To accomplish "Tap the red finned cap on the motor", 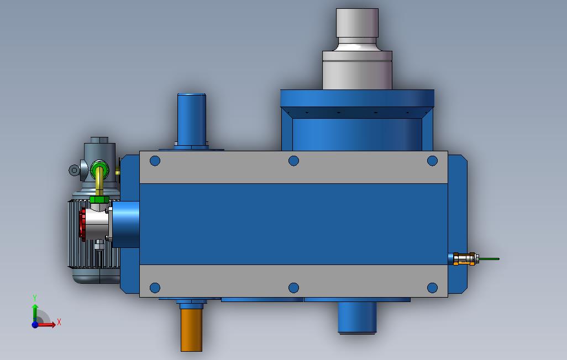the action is pyautogui.click(x=82, y=225).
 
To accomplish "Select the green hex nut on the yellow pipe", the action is pyautogui.click(x=99, y=199).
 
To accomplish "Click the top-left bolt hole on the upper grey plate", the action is pyautogui.click(x=155, y=161).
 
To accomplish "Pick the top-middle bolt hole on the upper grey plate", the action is pyautogui.click(x=293, y=161).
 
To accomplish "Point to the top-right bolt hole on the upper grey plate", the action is pyautogui.click(x=433, y=161).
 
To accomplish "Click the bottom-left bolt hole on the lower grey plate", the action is pyautogui.click(x=155, y=288).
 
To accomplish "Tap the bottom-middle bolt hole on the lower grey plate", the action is pyautogui.click(x=293, y=288).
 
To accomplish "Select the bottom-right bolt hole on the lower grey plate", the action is pyautogui.click(x=433, y=288).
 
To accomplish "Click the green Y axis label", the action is pyautogui.click(x=35, y=298).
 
